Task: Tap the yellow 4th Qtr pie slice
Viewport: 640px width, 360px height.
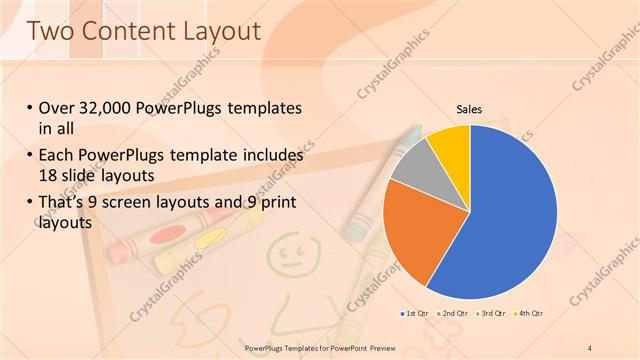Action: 450,143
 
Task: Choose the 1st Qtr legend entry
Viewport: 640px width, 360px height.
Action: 414,315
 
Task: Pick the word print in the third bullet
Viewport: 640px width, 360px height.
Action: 275,205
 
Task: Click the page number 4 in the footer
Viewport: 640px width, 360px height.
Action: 590,347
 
